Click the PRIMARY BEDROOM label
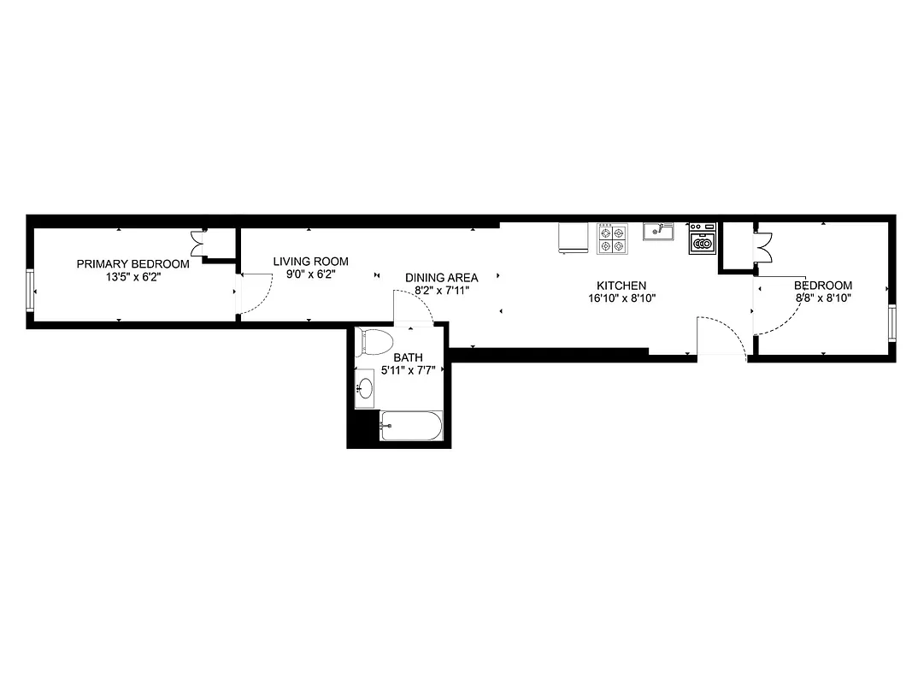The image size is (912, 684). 132,264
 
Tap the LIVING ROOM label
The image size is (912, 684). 310,262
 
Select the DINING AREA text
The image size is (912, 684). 441,278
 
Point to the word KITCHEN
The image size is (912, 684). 621,286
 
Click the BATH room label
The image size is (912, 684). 408,357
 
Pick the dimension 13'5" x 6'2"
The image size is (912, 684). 132,276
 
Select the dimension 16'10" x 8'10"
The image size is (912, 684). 621,298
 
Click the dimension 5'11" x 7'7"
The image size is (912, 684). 408,370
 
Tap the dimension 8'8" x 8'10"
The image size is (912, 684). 822,298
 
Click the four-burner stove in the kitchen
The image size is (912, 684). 612,239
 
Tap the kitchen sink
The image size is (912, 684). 658,231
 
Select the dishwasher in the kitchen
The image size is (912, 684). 702,240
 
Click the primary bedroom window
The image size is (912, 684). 31,290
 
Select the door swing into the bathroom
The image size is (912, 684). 413,306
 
